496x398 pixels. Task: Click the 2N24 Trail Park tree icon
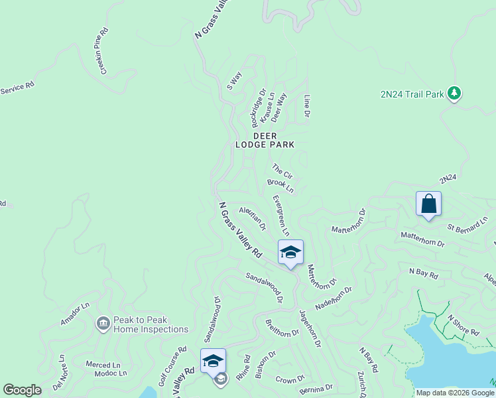[x=454, y=94]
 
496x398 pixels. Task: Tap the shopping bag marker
[x=428, y=204]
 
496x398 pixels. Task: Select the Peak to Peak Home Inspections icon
[x=103, y=324]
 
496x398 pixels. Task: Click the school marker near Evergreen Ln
[x=290, y=253]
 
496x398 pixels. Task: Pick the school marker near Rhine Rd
[x=213, y=362]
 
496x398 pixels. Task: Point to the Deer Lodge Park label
[x=265, y=140]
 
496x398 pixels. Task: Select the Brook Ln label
[x=280, y=185]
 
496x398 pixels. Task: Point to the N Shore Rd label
[x=463, y=325]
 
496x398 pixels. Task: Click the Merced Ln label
[x=103, y=365]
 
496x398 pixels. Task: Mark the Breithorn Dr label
[x=282, y=328]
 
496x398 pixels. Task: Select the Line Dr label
[x=307, y=106]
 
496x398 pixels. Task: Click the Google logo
[x=22, y=390]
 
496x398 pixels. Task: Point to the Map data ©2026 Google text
[x=455, y=393]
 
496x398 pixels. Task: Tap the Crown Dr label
[x=289, y=380]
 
